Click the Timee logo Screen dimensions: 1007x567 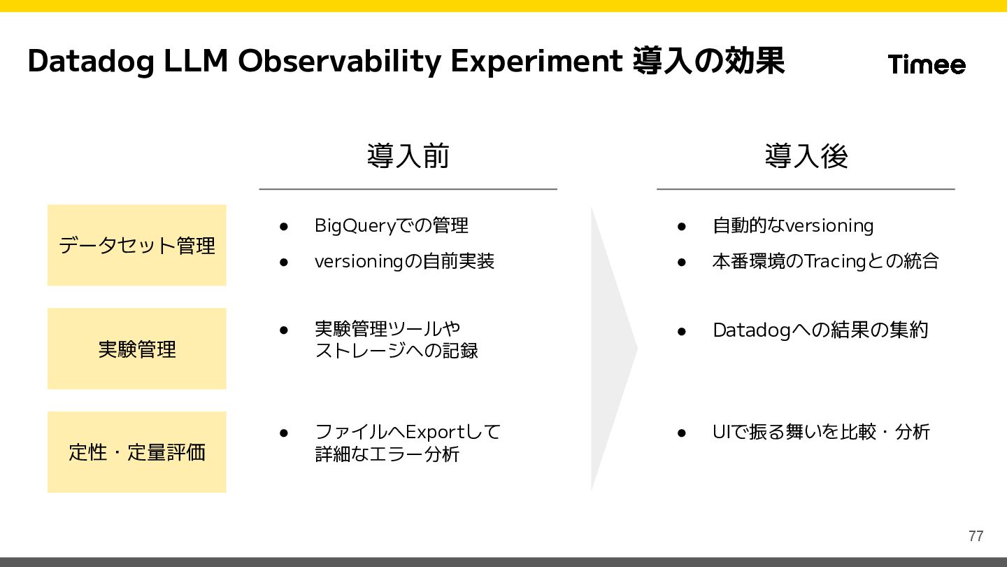point(927,64)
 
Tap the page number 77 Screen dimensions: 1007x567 point(976,536)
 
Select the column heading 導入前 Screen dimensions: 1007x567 point(408,155)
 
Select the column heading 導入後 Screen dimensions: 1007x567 point(806,155)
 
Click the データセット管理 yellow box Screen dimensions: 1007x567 point(136,245)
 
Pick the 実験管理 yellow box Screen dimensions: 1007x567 point(136,349)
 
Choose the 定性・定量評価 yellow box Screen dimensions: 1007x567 point(136,451)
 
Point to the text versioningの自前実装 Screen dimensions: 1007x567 point(405,262)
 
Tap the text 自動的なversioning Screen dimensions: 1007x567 point(793,225)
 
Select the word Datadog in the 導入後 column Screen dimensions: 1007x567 point(752,330)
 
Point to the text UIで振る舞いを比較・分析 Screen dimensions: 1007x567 point(821,432)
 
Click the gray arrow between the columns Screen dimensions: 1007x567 point(614,349)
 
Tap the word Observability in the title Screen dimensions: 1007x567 point(339,61)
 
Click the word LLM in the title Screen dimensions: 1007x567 point(196,61)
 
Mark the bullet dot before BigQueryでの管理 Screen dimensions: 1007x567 point(284,226)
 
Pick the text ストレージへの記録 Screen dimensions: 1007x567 point(397,351)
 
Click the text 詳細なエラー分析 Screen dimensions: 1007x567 point(387,454)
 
